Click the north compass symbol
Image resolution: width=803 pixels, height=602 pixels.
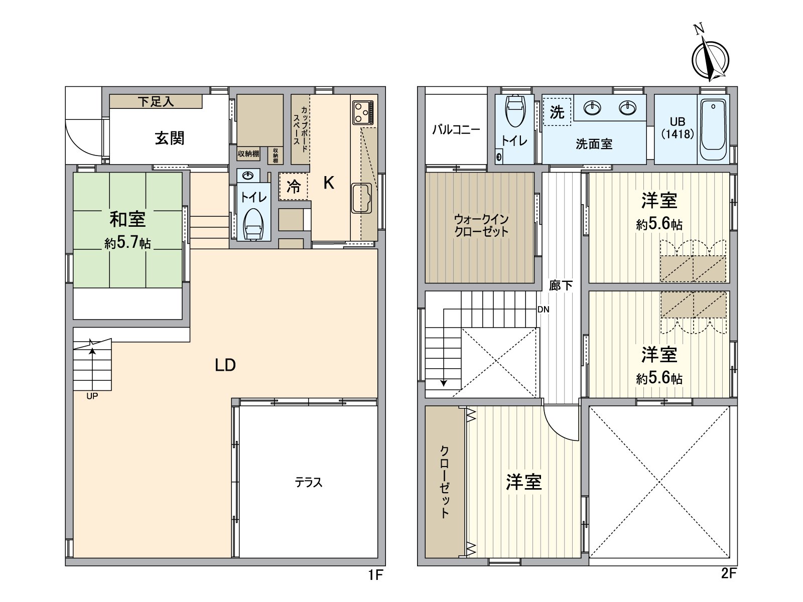pos(710,58)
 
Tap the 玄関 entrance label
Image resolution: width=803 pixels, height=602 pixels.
pos(169,138)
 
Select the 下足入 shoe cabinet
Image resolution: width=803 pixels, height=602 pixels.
pos(156,101)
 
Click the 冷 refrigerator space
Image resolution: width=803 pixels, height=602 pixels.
pos(294,187)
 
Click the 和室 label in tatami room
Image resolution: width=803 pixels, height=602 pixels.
pos(127,219)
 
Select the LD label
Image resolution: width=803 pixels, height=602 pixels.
pos(225,365)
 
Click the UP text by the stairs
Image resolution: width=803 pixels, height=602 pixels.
pos(92,396)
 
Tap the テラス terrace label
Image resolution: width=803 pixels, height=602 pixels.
pos(308,483)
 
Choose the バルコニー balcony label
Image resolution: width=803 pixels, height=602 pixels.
pos(456,129)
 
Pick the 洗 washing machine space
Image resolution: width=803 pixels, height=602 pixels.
pos(557,112)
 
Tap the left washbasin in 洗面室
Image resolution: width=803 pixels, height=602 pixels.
pos(593,108)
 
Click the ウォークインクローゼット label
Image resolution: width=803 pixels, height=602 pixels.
pos(481,226)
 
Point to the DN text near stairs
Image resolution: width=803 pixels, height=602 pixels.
pos(543,310)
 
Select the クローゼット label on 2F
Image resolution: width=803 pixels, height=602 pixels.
pos(445,482)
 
